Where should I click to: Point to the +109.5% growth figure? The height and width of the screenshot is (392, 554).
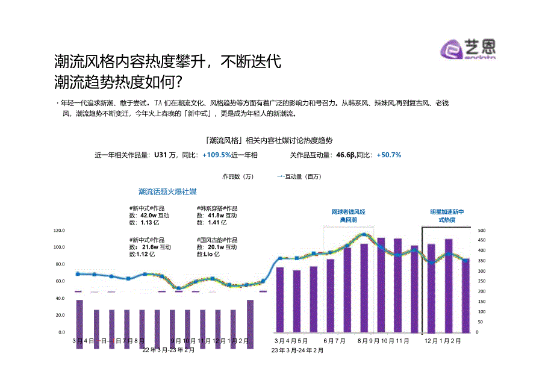(x=217, y=155)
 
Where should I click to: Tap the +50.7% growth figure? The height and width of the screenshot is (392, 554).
(x=388, y=155)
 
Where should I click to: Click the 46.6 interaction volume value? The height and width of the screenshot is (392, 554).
(x=345, y=155)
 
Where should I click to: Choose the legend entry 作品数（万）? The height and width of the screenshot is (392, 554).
(x=238, y=176)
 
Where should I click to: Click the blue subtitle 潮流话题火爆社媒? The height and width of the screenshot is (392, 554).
(x=167, y=191)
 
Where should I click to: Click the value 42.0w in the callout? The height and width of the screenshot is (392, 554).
(x=148, y=215)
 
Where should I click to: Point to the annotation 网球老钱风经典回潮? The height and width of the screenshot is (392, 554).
(x=349, y=216)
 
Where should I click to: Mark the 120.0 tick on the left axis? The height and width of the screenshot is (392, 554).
(x=59, y=231)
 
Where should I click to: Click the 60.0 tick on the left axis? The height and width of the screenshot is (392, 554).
(x=60, y=281)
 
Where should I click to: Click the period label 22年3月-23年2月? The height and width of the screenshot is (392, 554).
(x=169, y=349)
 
